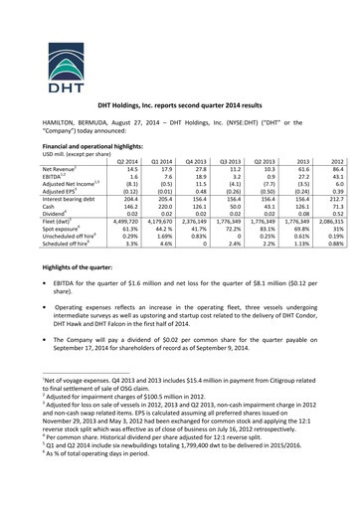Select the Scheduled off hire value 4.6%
pos(165,244)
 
